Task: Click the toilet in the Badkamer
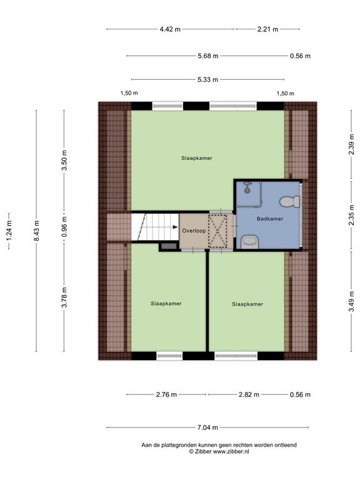point(289,201)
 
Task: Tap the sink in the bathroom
point(250,242)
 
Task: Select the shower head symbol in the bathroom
point(247,187)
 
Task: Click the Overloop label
point(194,231)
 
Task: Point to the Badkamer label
point(270,219)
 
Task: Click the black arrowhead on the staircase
point(175,227)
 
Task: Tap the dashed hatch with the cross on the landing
point(217,231)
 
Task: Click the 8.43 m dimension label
point(36,231)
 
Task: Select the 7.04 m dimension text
point(207,427)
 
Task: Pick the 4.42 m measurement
point(170,29)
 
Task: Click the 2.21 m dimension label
point(268,29)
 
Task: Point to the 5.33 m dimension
point(208,79)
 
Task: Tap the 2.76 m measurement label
point(166,394)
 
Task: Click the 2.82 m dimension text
point(249,394)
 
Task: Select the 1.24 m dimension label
point(9,231)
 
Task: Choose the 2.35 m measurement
point(351,215)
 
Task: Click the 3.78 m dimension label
point(64,297)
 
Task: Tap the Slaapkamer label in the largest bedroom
point(196,158)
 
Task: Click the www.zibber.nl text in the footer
point(231,451)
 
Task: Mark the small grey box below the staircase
point(169,246)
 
